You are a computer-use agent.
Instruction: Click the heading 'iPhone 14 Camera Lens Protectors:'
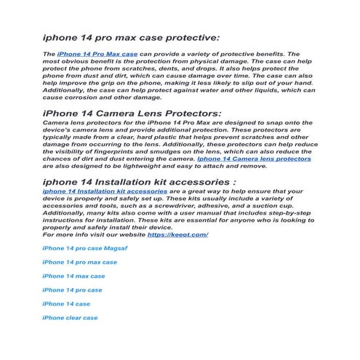tap(121, 113)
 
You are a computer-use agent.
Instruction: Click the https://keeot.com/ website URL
tap(177, 235)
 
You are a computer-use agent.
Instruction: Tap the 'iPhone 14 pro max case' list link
tap(79, 263)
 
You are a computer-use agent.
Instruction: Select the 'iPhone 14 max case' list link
tap(73, 276)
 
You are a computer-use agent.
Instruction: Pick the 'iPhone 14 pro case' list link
tap(72, 290)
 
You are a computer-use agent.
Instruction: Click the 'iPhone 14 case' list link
tap(66, 304)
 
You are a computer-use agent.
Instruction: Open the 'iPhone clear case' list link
tap(70, 318)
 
